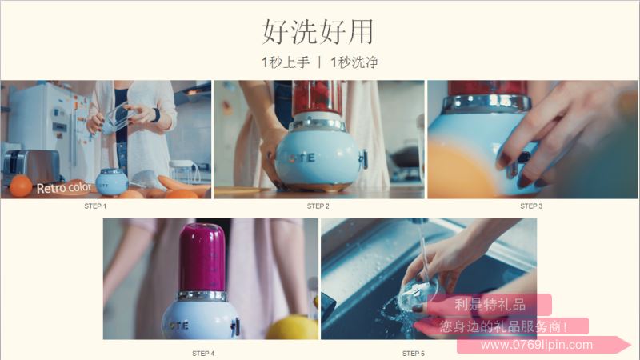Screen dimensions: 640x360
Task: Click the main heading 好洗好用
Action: (318, 31)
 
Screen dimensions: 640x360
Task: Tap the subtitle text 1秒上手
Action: (286, 62)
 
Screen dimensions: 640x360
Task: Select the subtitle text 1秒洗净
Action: (354, 62)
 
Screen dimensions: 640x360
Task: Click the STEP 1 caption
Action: (95, 206)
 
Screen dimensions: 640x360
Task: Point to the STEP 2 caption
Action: (318, 206)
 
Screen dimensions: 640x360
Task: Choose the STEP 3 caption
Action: (531, 206)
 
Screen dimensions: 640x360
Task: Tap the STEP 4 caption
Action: (203, 353)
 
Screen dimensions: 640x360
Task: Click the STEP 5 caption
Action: (413, 353)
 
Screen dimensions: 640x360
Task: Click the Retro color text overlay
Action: (64, 188)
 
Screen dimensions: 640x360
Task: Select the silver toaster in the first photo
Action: (31, 166)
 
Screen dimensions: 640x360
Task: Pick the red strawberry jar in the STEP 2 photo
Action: (316, 97)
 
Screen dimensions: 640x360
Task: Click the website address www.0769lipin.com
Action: (537, 345)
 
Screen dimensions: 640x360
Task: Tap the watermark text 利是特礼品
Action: (490, 305)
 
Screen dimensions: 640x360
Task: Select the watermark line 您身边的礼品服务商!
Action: (503, 326)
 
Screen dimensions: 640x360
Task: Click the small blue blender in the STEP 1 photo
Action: (112, 182)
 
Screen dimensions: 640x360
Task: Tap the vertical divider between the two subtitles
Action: (320, 62)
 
